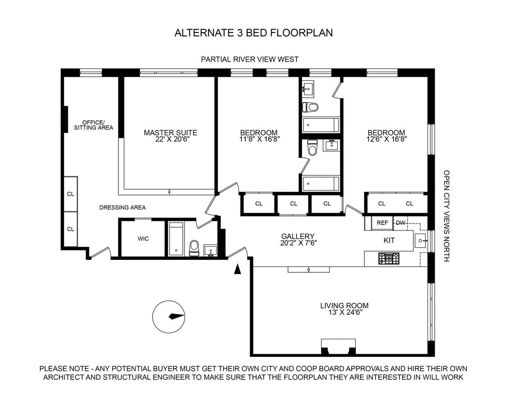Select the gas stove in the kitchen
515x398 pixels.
[388, 258]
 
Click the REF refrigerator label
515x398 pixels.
[382, 223]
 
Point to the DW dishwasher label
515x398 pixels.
[400, 223]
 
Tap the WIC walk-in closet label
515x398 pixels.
[143, 238]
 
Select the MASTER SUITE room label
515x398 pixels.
[170, 133]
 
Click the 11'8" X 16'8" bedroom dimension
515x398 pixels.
[258, 139]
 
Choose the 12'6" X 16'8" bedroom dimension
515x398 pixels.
[386, 139]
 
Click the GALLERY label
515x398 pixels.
[298, 236]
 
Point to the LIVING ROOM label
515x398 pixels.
[344, 306]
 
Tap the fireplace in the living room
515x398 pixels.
[339, 347]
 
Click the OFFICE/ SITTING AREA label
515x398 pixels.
[93, 124]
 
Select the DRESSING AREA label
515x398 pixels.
[122, 208]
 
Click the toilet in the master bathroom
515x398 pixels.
[194, 247]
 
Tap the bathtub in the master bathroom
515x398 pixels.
[176, 239]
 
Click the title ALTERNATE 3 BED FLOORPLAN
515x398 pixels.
[254, 33]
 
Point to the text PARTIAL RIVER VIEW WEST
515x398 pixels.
[250, 59]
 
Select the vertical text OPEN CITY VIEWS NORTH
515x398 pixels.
[446, 216]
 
